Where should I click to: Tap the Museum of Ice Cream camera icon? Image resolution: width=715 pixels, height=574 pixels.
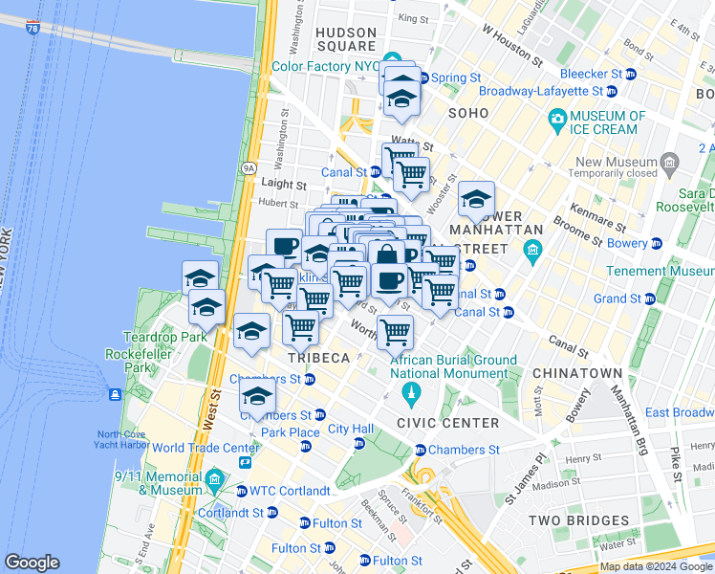coord(556,119)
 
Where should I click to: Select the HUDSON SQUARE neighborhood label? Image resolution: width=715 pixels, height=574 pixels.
coord(346,38)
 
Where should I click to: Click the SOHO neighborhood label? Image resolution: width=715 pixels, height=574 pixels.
coord(468,113)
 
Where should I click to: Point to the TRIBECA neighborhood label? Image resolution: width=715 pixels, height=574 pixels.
coord(319,358)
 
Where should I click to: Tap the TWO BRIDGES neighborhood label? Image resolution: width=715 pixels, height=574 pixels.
coord(581,521)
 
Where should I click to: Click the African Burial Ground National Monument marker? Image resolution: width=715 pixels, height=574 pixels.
coord(412,392)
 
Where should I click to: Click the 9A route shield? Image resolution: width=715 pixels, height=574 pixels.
coord(249,167)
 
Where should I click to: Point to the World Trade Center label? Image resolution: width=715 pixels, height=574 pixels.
coord(206,448)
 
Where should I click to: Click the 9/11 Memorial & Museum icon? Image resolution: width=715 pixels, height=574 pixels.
coord(213,478)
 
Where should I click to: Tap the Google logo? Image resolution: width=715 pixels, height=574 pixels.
coord(32,563)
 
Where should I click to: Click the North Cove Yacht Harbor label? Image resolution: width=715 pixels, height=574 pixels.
coord(120,439)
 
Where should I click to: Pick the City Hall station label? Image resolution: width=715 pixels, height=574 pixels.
coord(351,429)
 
